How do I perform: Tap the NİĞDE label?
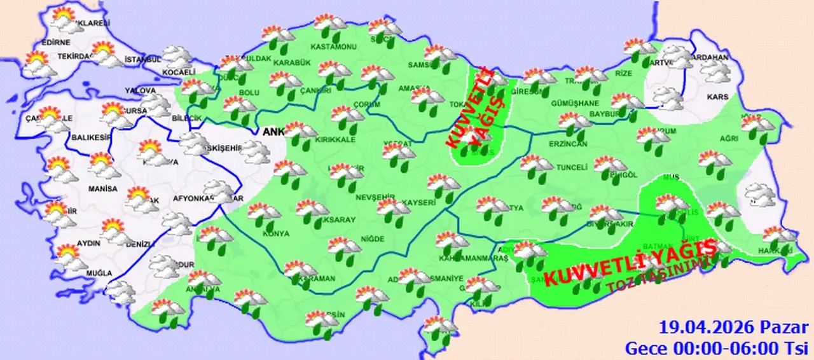point(373,239)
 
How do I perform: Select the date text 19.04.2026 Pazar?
point(734,328)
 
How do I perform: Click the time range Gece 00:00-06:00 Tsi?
point(716,347)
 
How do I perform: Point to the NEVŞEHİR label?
point(375,197)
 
